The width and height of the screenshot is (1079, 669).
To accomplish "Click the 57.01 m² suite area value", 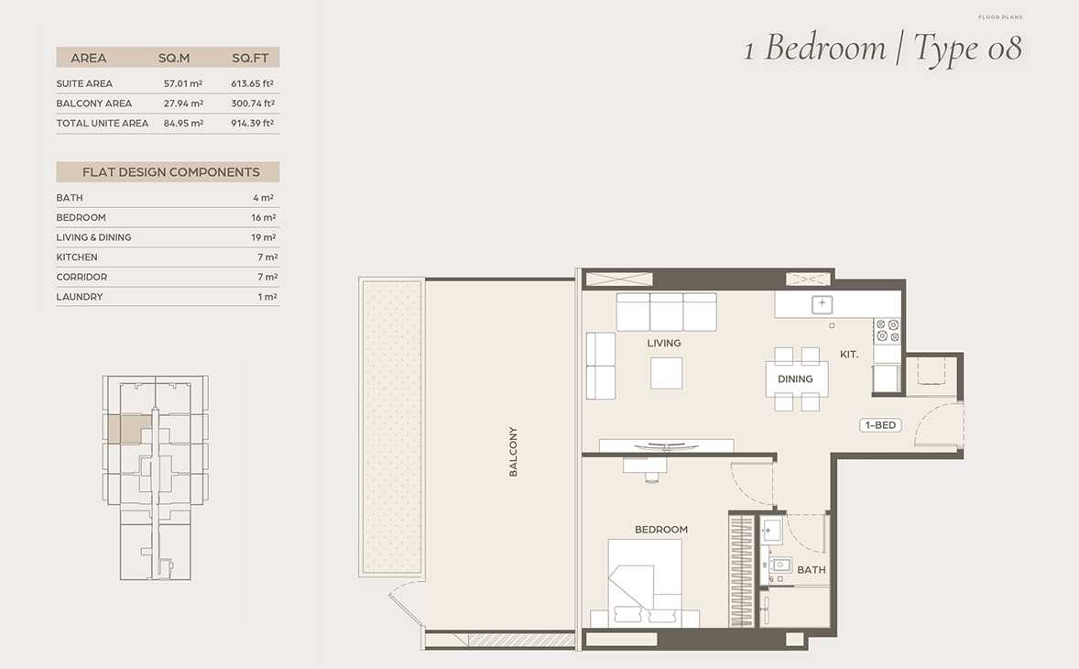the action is point(183,83).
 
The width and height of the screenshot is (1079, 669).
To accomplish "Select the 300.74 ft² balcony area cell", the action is point(253,104).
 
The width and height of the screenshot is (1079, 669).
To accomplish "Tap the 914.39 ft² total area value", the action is point(253,123).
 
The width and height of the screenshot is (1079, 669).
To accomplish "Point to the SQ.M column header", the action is point(174,58).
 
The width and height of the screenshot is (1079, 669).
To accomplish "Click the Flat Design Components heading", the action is point(171,172).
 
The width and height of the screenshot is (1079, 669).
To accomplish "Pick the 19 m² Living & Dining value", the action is point(264,237).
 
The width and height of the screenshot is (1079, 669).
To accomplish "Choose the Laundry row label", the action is point(79,297).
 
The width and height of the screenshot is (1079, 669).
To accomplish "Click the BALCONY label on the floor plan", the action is point(513,452).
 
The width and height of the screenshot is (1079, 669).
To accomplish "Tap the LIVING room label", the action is point(664,343).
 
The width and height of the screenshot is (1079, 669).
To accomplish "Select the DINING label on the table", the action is point(795,379).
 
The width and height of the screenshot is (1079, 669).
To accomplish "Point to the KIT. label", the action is point(849,355).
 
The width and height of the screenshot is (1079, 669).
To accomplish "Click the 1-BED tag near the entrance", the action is point(880,425).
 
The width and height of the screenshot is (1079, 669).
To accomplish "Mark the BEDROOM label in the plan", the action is point(661,530).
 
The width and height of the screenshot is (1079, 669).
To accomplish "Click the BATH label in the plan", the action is point(812,570).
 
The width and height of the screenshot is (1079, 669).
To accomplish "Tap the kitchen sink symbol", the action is point(822,303).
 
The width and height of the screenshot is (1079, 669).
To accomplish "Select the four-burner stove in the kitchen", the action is point(887,330).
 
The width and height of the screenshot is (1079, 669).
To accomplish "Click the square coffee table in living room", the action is point(666,373).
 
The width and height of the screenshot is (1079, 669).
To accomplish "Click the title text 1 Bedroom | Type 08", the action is point(883,49).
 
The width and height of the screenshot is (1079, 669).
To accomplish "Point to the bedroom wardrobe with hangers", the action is point(742,571).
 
